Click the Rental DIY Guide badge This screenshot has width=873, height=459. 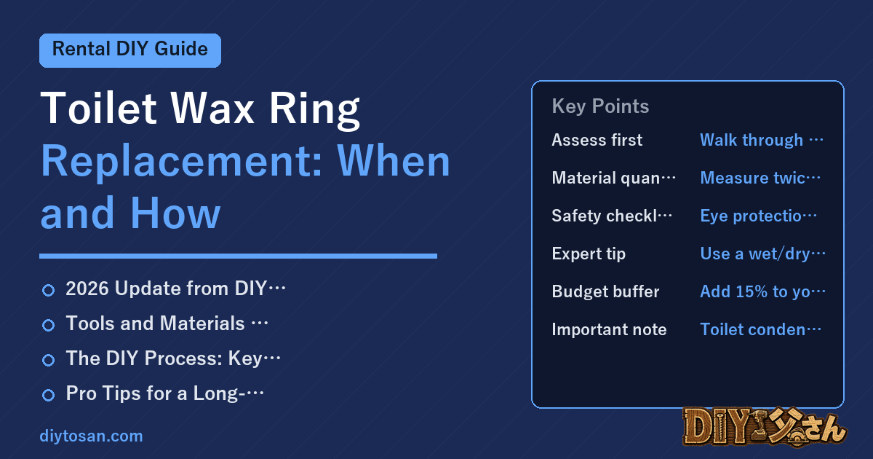click(x=130, y=50)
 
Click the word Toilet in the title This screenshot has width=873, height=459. click(x=99, y=109)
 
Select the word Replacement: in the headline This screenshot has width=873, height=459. click(x=182, y=162)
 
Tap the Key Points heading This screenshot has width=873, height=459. click(x=600, y=106)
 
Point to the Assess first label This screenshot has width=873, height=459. click(x=597, y=140)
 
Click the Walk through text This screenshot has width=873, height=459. click(x=762, y=140)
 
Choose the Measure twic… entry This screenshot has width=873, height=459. click(x=760, y=178)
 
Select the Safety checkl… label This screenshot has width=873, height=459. click(x=612, y=216)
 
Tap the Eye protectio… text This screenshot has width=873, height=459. click(x=758, y=216)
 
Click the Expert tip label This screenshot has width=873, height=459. click(x=589, y=254)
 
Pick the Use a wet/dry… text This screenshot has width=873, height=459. click(x=762, y=254)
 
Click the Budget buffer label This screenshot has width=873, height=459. click(x=605, y=291)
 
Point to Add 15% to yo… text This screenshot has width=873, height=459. click(x=762, y=291)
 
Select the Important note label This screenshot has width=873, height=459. click(x=609, y=329)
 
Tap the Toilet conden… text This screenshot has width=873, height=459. click(x=761, y=329)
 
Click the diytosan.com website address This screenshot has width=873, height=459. click(x=91, y=436)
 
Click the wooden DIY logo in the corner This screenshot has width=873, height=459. click(x=765, y=427)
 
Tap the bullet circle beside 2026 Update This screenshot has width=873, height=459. click(x=48, y=291)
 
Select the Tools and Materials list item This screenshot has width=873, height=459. click(x=167, y=323)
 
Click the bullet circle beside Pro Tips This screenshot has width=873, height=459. click(x=48, y=395)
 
